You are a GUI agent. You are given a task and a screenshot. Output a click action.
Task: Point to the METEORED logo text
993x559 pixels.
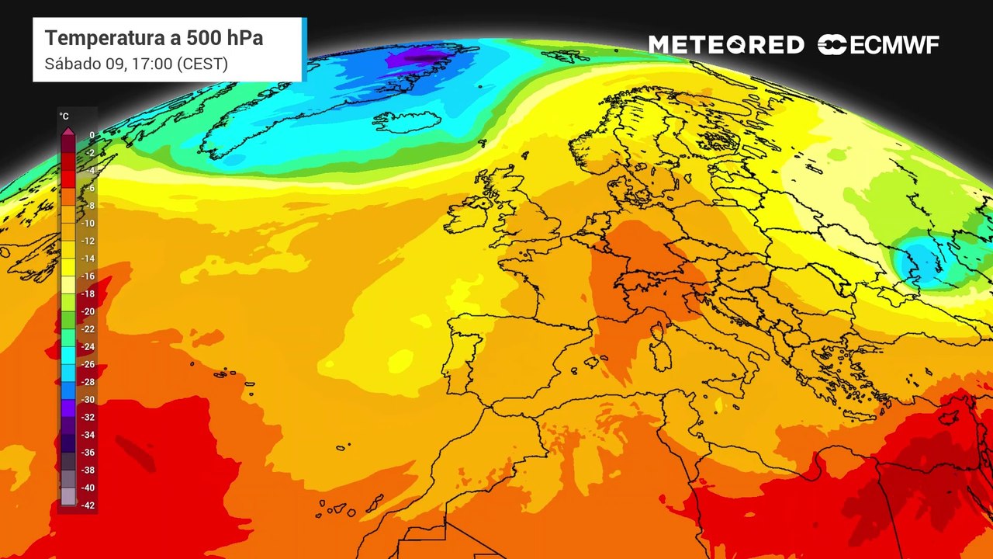(x=726, y=45)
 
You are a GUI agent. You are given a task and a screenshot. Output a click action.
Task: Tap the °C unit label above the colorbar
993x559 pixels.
(x=64, y=116)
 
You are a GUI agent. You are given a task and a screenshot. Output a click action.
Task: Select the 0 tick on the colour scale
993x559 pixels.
(x=92, y=135)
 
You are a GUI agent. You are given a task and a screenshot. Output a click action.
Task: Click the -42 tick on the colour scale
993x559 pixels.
(x=88, y=505)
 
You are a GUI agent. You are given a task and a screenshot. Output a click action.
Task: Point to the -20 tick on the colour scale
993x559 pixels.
(x=88, y=311)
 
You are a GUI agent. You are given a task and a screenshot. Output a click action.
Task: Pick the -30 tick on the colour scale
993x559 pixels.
(x=88, y=400)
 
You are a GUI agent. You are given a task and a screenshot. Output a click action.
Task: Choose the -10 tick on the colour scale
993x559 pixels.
(x=88, y=224)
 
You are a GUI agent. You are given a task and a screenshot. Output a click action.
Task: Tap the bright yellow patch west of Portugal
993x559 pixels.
(x=400, y=360)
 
